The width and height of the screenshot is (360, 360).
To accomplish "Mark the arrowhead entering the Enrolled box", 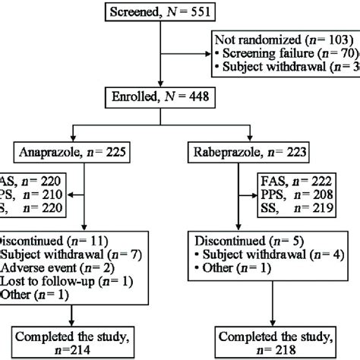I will coord(156,106).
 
